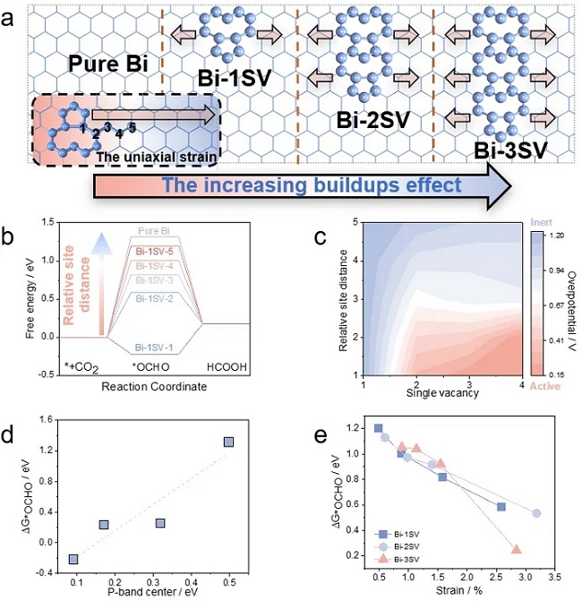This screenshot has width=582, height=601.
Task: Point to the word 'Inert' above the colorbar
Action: [540, 220]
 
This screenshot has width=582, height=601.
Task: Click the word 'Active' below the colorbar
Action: [542, 386]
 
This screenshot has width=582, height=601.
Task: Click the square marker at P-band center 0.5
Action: [229, 442]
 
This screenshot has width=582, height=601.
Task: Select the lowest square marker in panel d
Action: [73, 559]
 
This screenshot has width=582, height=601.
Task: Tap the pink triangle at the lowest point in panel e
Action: [517, 550]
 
